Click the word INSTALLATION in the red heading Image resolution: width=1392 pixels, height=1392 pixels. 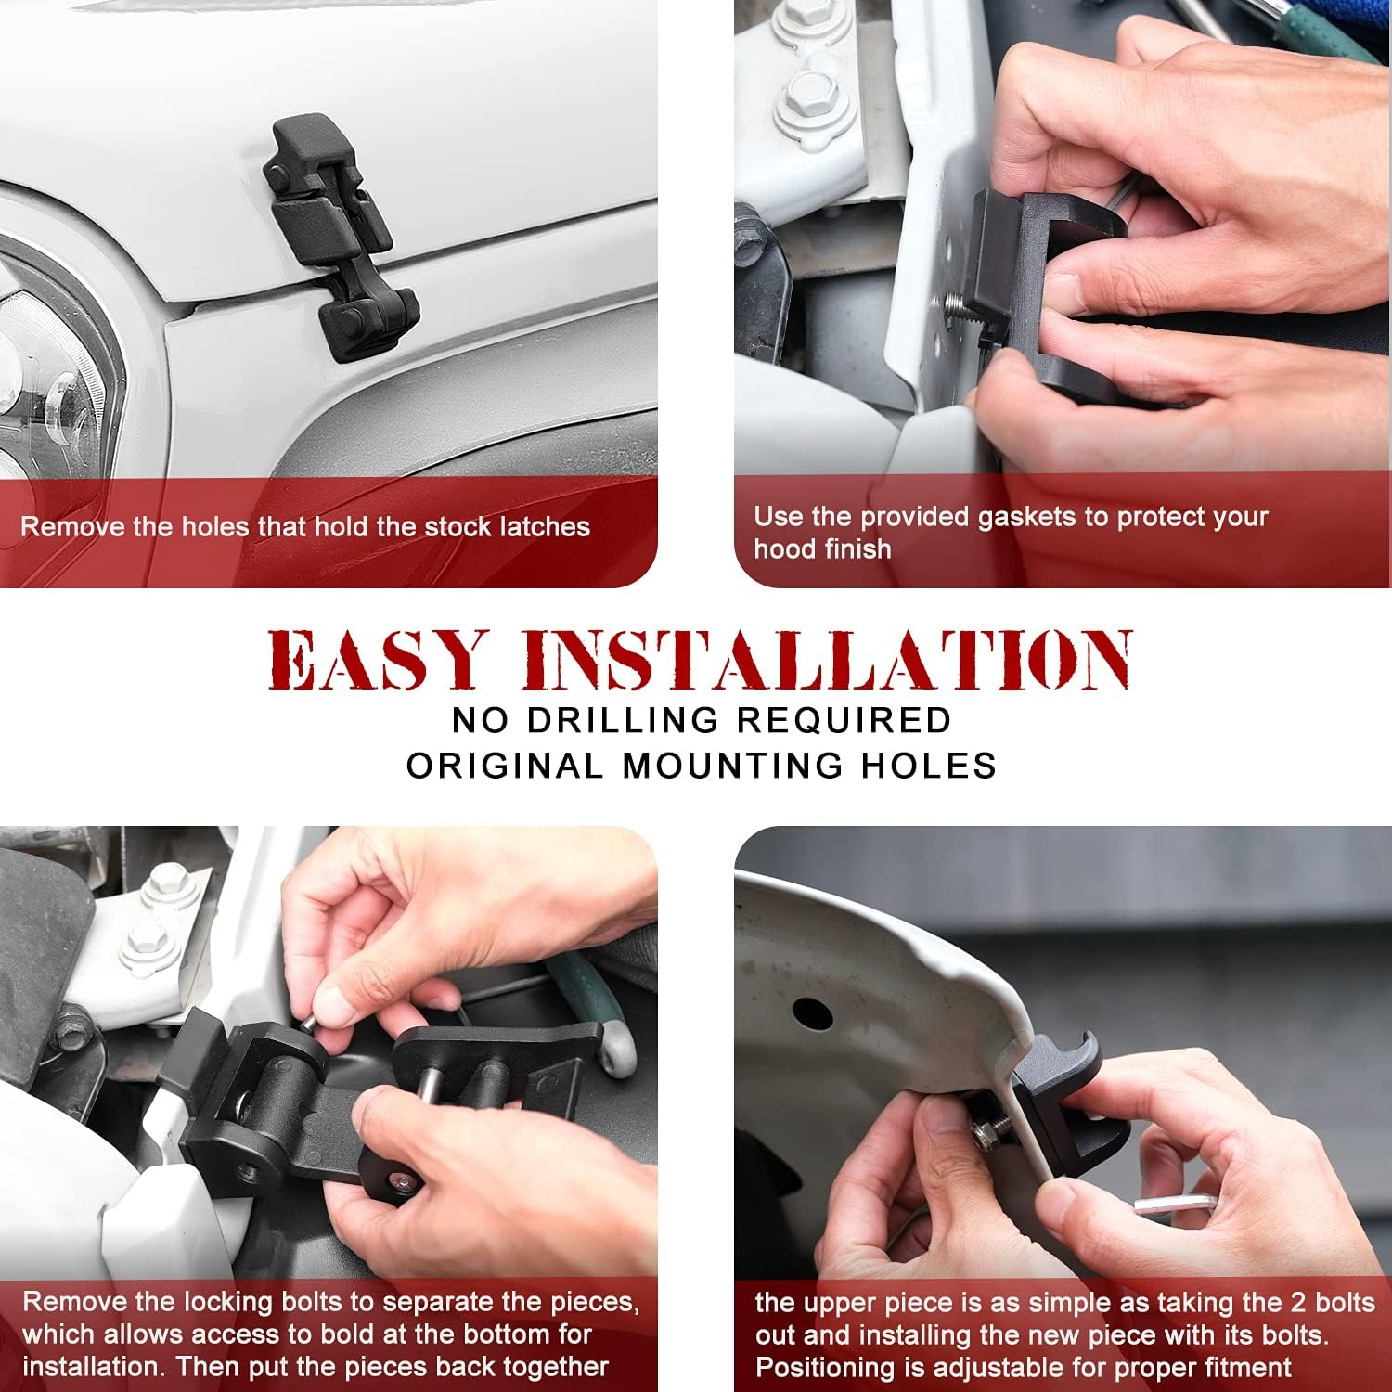[x=826, y=660]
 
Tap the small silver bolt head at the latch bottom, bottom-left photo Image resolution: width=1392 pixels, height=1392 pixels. [x=401, y=1182]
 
